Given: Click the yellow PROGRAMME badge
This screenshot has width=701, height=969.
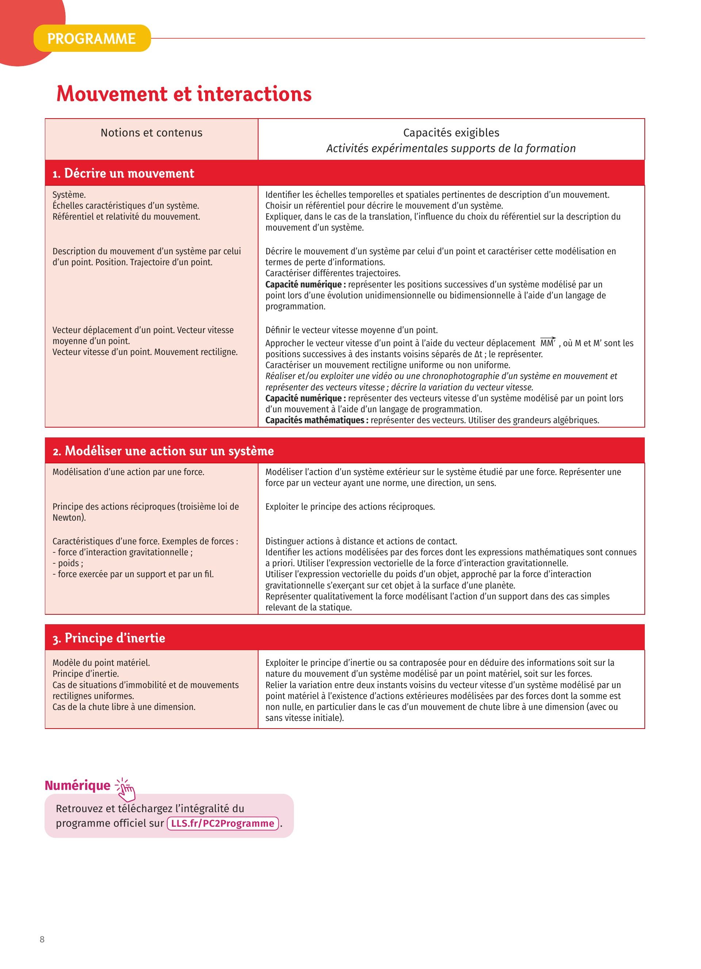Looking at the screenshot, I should tap(92, 38).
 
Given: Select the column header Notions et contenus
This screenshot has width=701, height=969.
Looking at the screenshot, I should tap(151, 133).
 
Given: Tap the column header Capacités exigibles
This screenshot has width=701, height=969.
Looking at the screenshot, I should tap(451, 133).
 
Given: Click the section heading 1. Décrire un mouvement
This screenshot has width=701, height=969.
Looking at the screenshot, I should tap(123, 173).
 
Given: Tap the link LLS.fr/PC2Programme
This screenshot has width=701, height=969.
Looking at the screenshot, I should tap(223, 823).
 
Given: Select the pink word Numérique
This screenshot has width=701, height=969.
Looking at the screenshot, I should tap(77, 786).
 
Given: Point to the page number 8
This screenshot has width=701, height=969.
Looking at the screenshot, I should tap(42, 939).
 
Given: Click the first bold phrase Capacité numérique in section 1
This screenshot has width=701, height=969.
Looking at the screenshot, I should tap(303, 285).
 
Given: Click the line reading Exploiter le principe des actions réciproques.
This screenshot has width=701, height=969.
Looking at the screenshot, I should tap(350, 507).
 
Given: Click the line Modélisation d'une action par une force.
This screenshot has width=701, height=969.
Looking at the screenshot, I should tap(128, 472).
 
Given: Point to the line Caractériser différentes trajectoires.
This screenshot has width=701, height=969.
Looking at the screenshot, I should tap(333, 273).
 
